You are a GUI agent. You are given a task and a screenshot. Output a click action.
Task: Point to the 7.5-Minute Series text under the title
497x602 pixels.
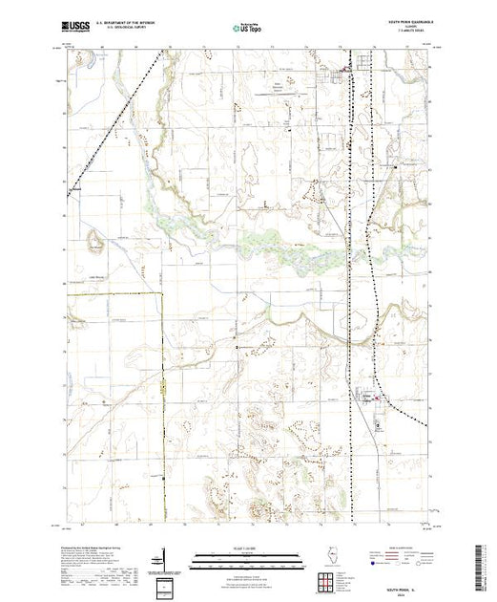click(x=404, y=36)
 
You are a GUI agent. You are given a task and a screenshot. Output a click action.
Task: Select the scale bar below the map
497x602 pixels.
click(x=248, y=554)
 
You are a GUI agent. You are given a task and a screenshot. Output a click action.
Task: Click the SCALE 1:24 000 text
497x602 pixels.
click(x=248, y=548)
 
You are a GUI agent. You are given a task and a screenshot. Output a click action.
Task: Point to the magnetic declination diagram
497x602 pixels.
click(x=166, y=556)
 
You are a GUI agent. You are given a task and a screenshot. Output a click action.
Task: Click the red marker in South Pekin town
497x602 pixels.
click(x=379, y=398)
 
